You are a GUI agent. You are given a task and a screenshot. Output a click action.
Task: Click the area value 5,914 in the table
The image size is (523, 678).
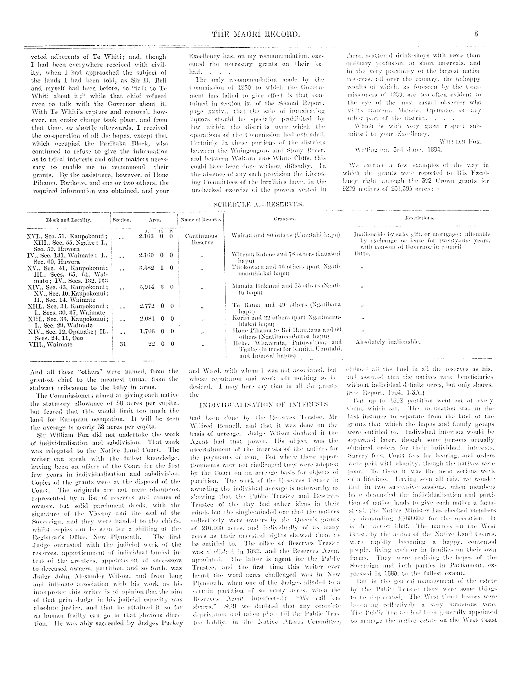pyautogui.click(x=146, y=287)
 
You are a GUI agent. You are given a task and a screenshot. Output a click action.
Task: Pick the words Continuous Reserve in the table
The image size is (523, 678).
pyautogui.click(x=201, y=239)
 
